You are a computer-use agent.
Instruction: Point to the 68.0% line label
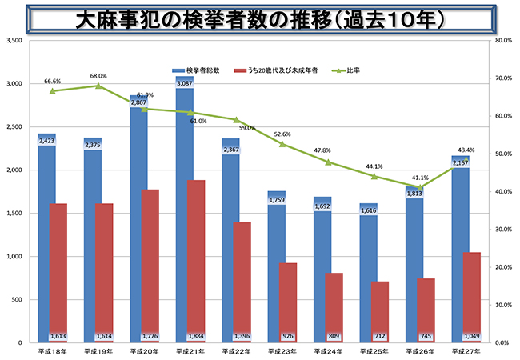pyautogui.click(x=98, y=77)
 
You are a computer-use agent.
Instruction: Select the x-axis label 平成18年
pyautogui.click(x=53, y=352)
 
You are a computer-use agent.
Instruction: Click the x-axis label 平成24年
pyautogui.click(x=329, y=352)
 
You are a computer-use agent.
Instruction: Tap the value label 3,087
pyautogui.click(x=185, y=83)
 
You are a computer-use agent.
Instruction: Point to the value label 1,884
pyautogui.click(x=197, y=337)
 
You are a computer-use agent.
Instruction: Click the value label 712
pyautogui.click(x=381, y=337)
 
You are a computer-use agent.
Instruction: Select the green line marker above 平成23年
pyautogui.click(x=282, y=144)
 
